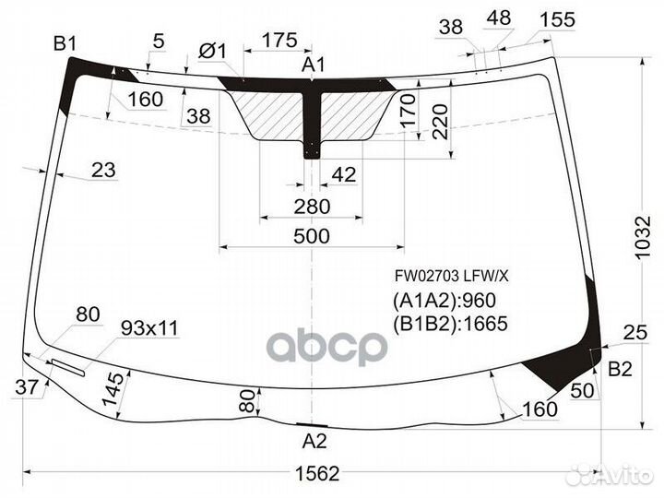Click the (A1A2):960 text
pos(445,301)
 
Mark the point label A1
pos(314,65)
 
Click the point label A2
pos(314,440)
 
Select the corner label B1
pos(65,41)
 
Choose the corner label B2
pos(620,369)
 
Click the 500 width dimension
pos(313,236)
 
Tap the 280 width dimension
pos(313,206)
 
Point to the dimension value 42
pos(343,174)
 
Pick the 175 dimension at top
pos(279,40)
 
